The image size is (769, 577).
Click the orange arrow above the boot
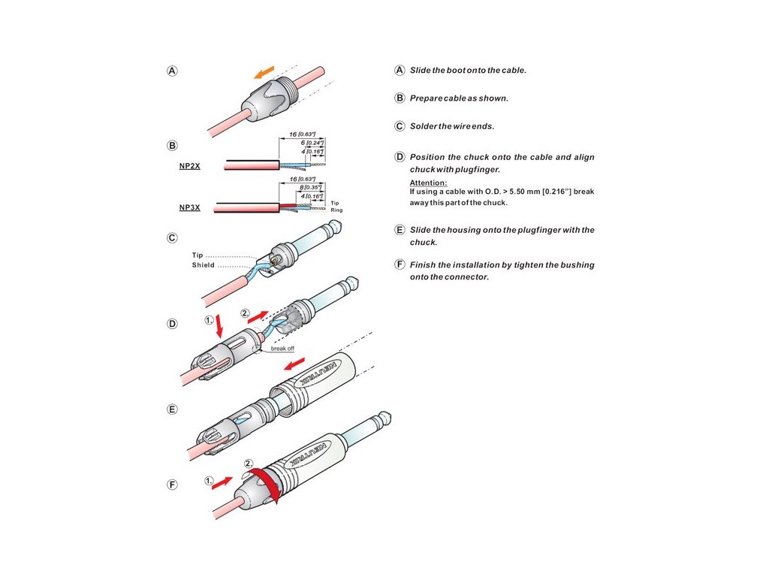coord(263,71)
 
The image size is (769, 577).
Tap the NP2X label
coord(189,165)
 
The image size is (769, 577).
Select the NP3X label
coord(189,207)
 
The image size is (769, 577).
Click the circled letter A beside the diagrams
coord(172,71)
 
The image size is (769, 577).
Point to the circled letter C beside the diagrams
coord(172,238)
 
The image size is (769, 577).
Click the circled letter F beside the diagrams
coord(172,485)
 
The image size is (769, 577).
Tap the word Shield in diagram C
coord(203,265)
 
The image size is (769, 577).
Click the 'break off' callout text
coord(283,349)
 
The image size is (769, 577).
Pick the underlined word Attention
coord(428,183)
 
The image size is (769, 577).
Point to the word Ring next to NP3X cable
coord(336,210)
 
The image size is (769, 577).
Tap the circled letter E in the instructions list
coord(400,230)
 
